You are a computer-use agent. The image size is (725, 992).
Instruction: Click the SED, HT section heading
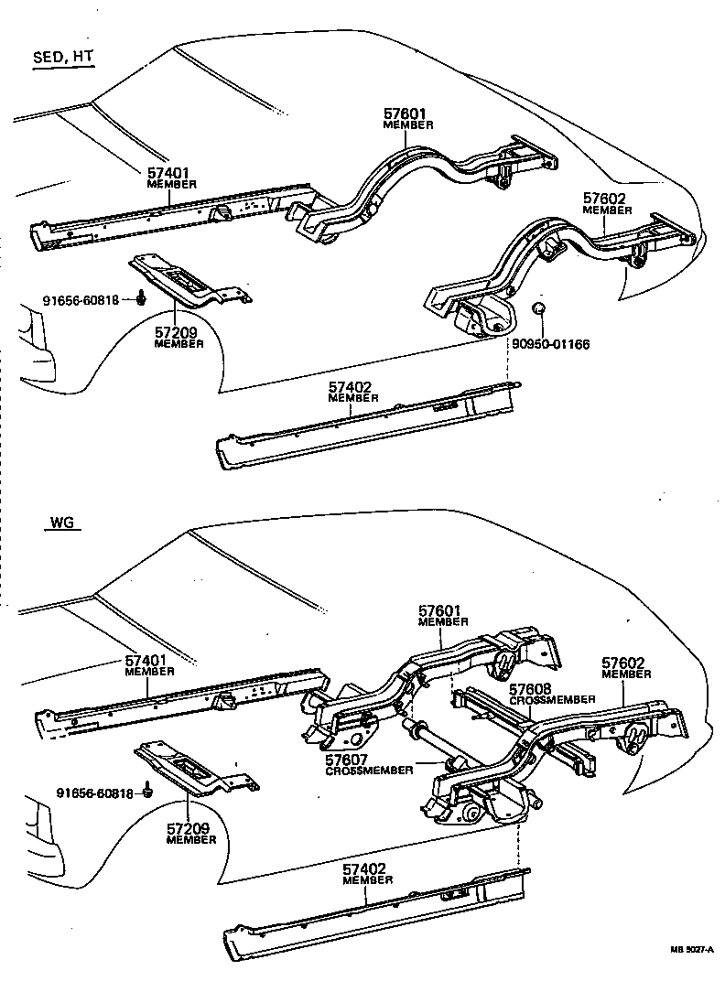pyautogui.click(x=62, y=57)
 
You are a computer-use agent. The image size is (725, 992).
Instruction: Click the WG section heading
pyautogui.click(x=61, y=524)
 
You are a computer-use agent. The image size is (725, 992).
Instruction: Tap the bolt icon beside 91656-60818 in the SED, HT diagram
pyautogui.click(x=142, y=297)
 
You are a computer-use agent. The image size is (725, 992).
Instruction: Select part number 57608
pyautogui.click(x=534, y=688)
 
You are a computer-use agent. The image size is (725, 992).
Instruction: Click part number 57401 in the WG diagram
pyautogui.click(x=149, y=660)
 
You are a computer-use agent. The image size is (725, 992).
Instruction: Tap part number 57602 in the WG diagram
pyautogui.click(x=626, y=663)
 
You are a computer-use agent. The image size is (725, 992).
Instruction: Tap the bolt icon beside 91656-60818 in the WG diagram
pyautogui.click(x=147, y=792)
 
